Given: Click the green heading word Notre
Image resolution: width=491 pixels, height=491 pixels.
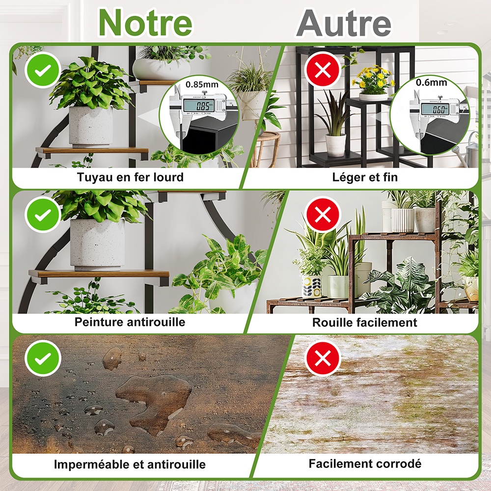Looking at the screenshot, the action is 145,23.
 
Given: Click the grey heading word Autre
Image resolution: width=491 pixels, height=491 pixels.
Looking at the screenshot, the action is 344,23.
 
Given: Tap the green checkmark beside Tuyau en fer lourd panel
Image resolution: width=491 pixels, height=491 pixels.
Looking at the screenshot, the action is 43,70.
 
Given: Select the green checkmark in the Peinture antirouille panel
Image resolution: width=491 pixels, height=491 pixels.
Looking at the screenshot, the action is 43,215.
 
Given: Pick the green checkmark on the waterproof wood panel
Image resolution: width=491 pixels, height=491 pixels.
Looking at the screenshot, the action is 43,359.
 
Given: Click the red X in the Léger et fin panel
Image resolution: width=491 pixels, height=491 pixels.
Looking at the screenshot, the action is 323,70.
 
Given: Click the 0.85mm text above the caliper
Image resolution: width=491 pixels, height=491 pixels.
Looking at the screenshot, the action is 202,84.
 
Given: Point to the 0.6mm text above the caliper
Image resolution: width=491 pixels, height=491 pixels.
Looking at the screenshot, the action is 432,82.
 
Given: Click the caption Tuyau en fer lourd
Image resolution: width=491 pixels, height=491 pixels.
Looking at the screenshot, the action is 130,177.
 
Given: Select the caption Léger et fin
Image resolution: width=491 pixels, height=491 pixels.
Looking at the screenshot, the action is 365,177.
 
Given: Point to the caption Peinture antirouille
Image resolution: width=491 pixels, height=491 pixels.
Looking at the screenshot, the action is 130,322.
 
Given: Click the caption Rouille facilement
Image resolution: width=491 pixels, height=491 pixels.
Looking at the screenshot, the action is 365,322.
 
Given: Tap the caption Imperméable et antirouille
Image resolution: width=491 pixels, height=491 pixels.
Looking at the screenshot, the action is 130,464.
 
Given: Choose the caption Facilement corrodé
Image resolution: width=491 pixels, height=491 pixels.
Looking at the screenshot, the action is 365,464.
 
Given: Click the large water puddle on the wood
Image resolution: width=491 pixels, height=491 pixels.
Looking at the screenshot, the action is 153,401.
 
